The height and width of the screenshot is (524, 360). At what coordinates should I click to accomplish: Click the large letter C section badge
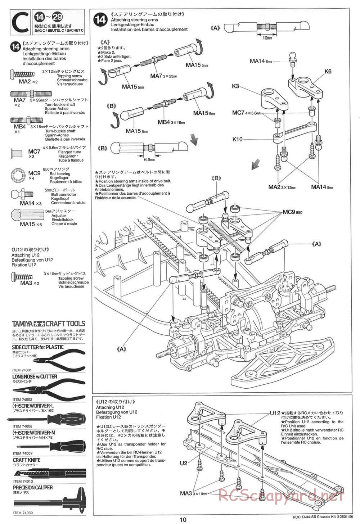click(x=21, y=23)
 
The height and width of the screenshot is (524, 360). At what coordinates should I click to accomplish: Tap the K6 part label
click(x=328, y=72)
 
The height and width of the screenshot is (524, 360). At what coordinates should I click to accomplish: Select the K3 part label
click(x=236, y=86)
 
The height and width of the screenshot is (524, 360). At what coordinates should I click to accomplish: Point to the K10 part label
click(x=238, y=139)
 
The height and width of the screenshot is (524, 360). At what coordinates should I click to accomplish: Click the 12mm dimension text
click(x=267, y=38)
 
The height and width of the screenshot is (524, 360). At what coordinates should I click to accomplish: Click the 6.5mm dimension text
click(x=149, y=159)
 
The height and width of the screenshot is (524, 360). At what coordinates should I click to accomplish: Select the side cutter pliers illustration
click(x=54, y=361)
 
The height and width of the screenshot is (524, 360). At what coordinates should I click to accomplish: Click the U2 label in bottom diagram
click(x=184, y=463)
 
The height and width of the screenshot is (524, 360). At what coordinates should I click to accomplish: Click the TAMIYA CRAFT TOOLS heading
click(x=49, y=324)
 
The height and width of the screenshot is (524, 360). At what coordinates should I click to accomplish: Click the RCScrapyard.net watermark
click(x=281, y=496)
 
